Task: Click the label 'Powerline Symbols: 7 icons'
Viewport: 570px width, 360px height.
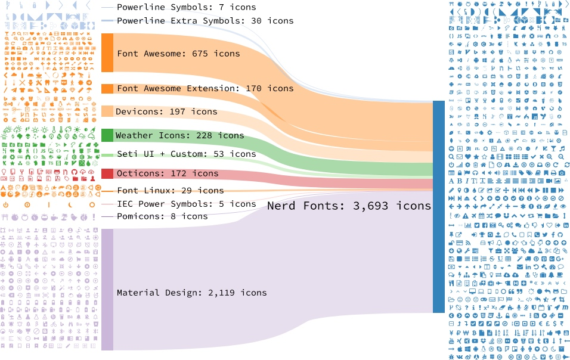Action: [186, 8]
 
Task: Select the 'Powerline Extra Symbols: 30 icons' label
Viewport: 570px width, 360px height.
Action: [205, 21]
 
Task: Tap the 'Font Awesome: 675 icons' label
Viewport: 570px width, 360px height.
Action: [178, 54]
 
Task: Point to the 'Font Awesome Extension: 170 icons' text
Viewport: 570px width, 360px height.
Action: [205, 89]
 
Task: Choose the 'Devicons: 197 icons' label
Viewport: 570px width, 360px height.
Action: [166, 111]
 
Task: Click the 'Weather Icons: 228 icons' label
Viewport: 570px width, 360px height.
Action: [179, 136]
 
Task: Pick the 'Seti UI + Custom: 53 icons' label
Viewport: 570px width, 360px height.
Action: [186, 154]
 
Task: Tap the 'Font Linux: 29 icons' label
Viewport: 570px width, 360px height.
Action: [170, 191]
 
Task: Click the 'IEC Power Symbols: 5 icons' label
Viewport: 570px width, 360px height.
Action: [186, 204]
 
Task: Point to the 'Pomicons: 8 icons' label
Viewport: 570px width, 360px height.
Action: [162, 216]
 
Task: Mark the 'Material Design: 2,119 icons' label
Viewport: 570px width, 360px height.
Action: [191, 293]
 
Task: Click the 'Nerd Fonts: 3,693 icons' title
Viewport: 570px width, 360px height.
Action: [349, 206]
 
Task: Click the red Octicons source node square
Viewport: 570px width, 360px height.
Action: [107, 173]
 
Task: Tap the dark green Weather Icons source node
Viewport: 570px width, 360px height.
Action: [107, 135]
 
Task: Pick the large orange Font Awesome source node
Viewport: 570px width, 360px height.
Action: [107, 53]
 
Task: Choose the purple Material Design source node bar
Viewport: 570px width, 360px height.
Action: [107, 289]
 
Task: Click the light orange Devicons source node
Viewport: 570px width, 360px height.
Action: [107, 111]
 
